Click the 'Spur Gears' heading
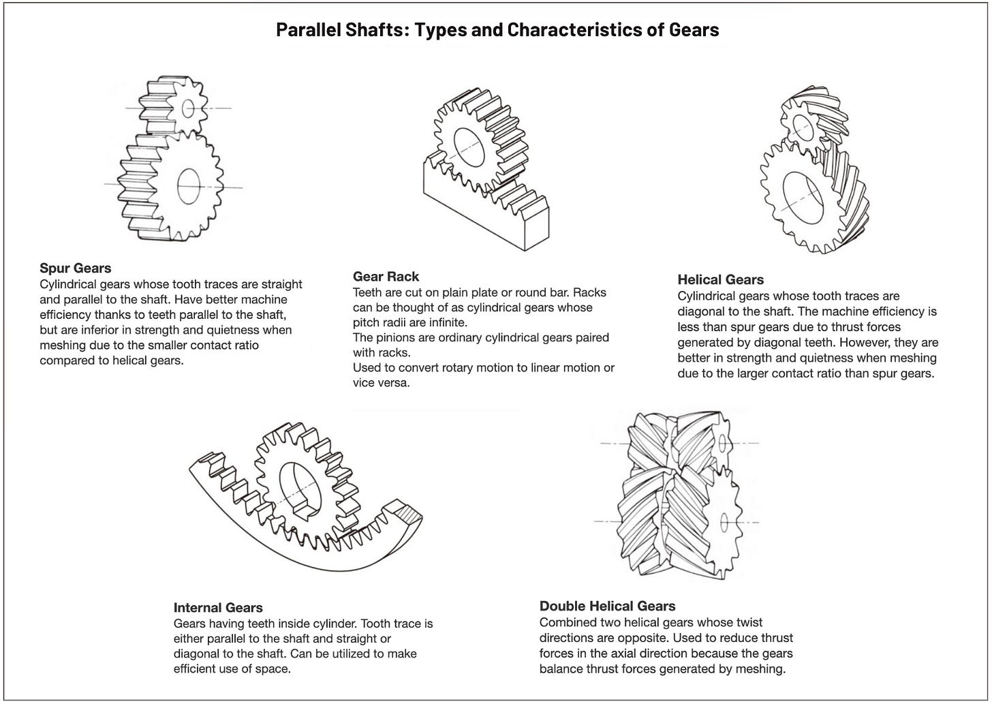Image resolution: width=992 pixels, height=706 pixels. point(75,268)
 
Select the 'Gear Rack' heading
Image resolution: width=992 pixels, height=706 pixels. point(386,276)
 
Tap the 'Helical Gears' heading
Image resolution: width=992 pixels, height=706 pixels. point(720,279)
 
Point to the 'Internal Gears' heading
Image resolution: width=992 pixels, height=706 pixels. point(217,607)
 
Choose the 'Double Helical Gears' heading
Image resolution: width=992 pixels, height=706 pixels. point(607,606)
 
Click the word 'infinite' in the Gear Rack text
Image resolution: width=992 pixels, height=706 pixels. point(447,322)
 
